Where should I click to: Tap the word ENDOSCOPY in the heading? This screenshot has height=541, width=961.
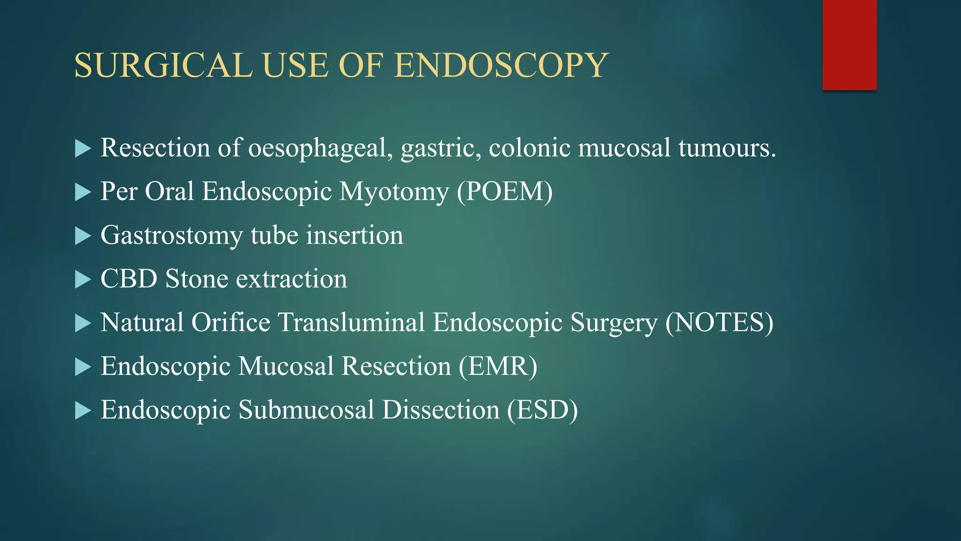[x=501, y=65]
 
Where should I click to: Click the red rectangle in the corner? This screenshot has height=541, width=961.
[x=849, y=45]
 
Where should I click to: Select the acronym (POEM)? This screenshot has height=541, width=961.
[x=505, y=192]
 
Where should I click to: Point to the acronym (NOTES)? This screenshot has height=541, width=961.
[x=719, y=323]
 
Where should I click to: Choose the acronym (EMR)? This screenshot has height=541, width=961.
[x=498, y=366]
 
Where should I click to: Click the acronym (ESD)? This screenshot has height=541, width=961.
[x=542, y=410]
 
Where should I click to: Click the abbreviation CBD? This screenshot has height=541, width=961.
[x=129, y=279]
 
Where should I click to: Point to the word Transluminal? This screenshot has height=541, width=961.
[x=351, y=323]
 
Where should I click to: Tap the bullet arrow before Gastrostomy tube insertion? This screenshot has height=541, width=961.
[x=83, y=236]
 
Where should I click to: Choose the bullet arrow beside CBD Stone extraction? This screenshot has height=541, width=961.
[x=83, y=279]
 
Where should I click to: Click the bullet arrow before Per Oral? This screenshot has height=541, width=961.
[x=83, y=192]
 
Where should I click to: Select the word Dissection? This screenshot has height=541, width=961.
[x=441, y=410]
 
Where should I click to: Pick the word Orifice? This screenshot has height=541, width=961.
[x=230, y=323]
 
